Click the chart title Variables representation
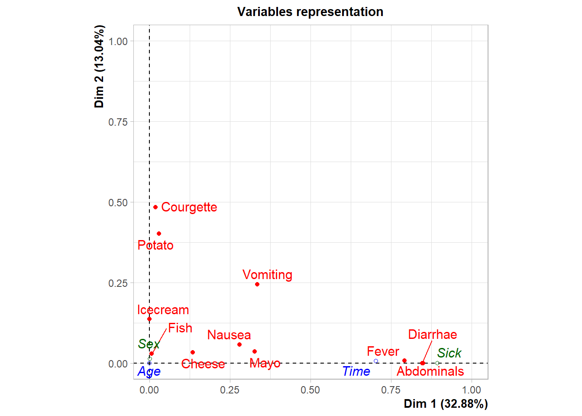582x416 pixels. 310,12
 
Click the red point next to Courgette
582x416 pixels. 155,207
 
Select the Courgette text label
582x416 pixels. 189,207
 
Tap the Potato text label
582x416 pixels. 155,245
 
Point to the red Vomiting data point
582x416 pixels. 257,284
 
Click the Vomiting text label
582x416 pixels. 267,275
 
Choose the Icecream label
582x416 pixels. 163,310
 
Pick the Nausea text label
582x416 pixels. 229,335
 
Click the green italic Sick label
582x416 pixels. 449,353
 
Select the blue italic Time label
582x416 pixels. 356,371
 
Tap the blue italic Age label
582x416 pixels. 149,371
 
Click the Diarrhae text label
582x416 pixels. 432,335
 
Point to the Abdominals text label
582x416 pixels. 430,371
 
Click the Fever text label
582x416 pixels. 383,351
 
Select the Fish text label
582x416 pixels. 180,328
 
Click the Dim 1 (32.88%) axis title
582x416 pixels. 446,404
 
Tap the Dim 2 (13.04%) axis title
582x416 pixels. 99,66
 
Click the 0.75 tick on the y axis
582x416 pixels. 118,122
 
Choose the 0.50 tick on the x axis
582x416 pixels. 310,390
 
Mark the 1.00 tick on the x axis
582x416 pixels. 471,390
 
